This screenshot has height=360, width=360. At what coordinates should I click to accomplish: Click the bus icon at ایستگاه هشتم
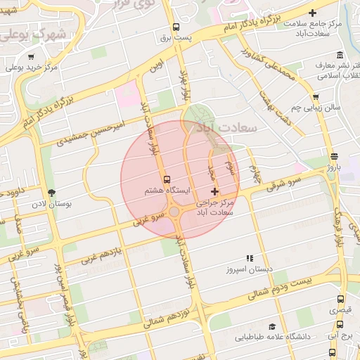click(x=167, y=179)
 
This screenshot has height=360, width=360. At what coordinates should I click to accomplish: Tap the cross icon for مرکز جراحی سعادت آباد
click(x=214, y=191)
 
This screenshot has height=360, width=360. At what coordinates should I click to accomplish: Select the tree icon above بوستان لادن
click(x=51, y=193)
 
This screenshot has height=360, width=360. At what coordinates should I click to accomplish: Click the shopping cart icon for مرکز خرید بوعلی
click(x=30, y=57)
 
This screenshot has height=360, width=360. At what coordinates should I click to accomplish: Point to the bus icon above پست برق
click(x=175, y=29)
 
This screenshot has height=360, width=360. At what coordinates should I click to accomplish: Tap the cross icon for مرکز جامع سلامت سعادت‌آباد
click(x=313, y=13)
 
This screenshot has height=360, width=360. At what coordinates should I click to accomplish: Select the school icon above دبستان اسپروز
click(x=248, y=258)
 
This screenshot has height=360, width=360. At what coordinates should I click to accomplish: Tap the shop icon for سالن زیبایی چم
click(x=316, y=98)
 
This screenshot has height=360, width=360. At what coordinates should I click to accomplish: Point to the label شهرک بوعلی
click(x=42, y=33)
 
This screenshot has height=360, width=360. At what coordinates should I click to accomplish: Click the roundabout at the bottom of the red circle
click(x=174, y=211)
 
